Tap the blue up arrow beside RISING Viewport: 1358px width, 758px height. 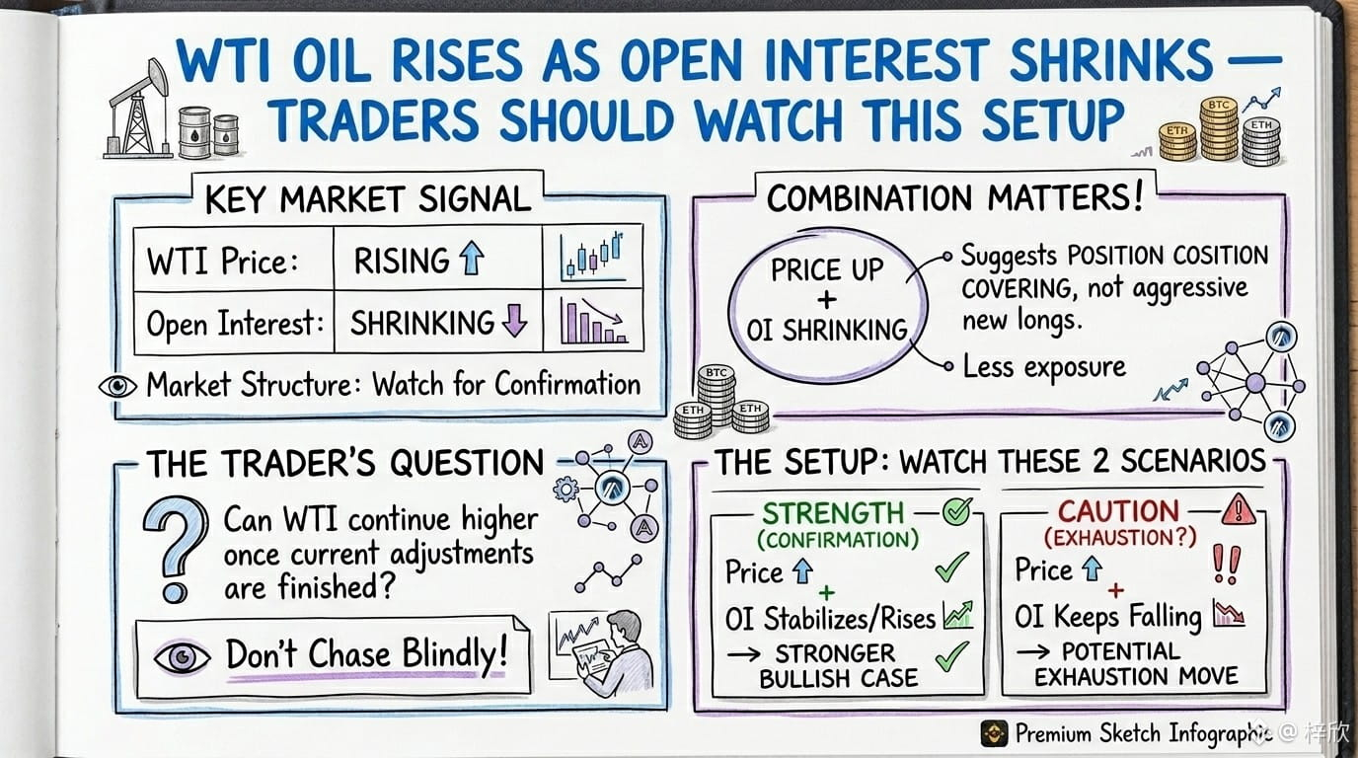(472, 259)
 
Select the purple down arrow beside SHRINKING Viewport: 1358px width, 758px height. (515, 320)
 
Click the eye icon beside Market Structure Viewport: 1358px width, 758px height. (117, 386)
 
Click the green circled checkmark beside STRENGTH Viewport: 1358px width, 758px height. (957, 511)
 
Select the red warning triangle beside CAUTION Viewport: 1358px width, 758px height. (1239, 509)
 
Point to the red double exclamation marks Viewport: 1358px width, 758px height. (1227, 564)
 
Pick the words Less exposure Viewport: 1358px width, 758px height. (1044, 367)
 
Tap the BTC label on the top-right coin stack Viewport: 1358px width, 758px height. (1219, 105)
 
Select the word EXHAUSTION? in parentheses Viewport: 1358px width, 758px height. (1120, 537)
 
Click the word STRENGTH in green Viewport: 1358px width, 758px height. (833, 513)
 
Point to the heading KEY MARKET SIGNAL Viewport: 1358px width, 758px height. (368, 199)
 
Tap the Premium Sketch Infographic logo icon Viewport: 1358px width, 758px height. (994, 733)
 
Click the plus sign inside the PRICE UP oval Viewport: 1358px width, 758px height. (826, 300)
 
